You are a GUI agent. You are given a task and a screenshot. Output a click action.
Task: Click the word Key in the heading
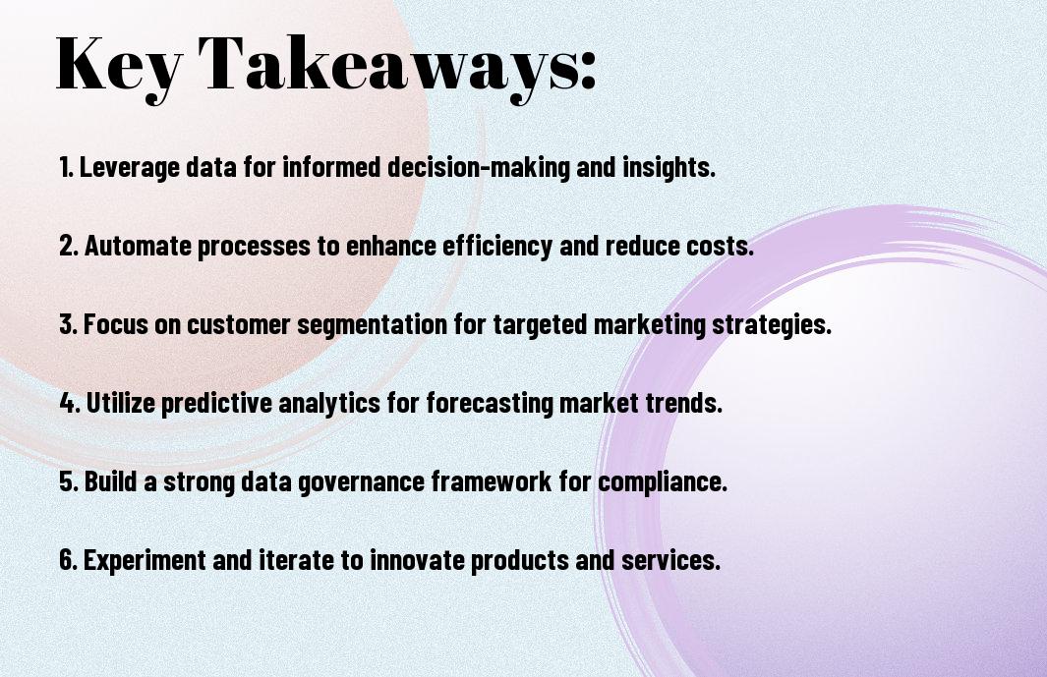click(x=119, y=66)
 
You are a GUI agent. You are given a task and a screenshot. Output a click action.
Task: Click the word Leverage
click(x=130, y=167)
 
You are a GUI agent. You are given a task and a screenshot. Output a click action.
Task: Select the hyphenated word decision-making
click(x=479, y=167)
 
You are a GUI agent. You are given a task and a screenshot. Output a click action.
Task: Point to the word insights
click(x=669, y=167)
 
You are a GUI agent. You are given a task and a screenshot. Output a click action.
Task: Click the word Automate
click(x=138, y=245)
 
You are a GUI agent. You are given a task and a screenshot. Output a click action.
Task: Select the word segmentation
click(x=372, y=325)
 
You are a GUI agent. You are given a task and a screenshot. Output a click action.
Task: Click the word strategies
click(x=771, y=325)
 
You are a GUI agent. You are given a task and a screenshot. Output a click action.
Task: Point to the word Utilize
click(x=121, y=403)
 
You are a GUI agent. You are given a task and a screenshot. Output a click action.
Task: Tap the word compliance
click(x=663, y=481)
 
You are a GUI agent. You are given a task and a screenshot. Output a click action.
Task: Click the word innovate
click(x=418, y=559)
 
